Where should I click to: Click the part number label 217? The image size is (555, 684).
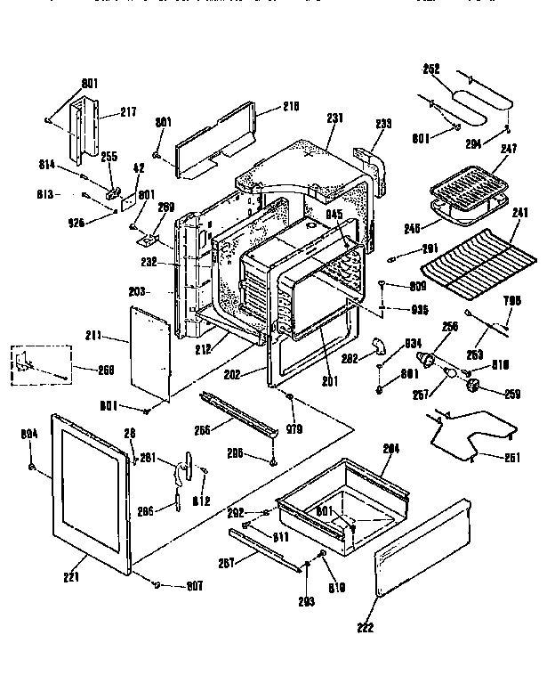[130, 113]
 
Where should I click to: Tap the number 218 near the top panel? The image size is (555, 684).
[267, 106]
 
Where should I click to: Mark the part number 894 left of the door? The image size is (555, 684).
[28, 435]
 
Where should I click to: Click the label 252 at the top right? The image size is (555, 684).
[430, 69]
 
